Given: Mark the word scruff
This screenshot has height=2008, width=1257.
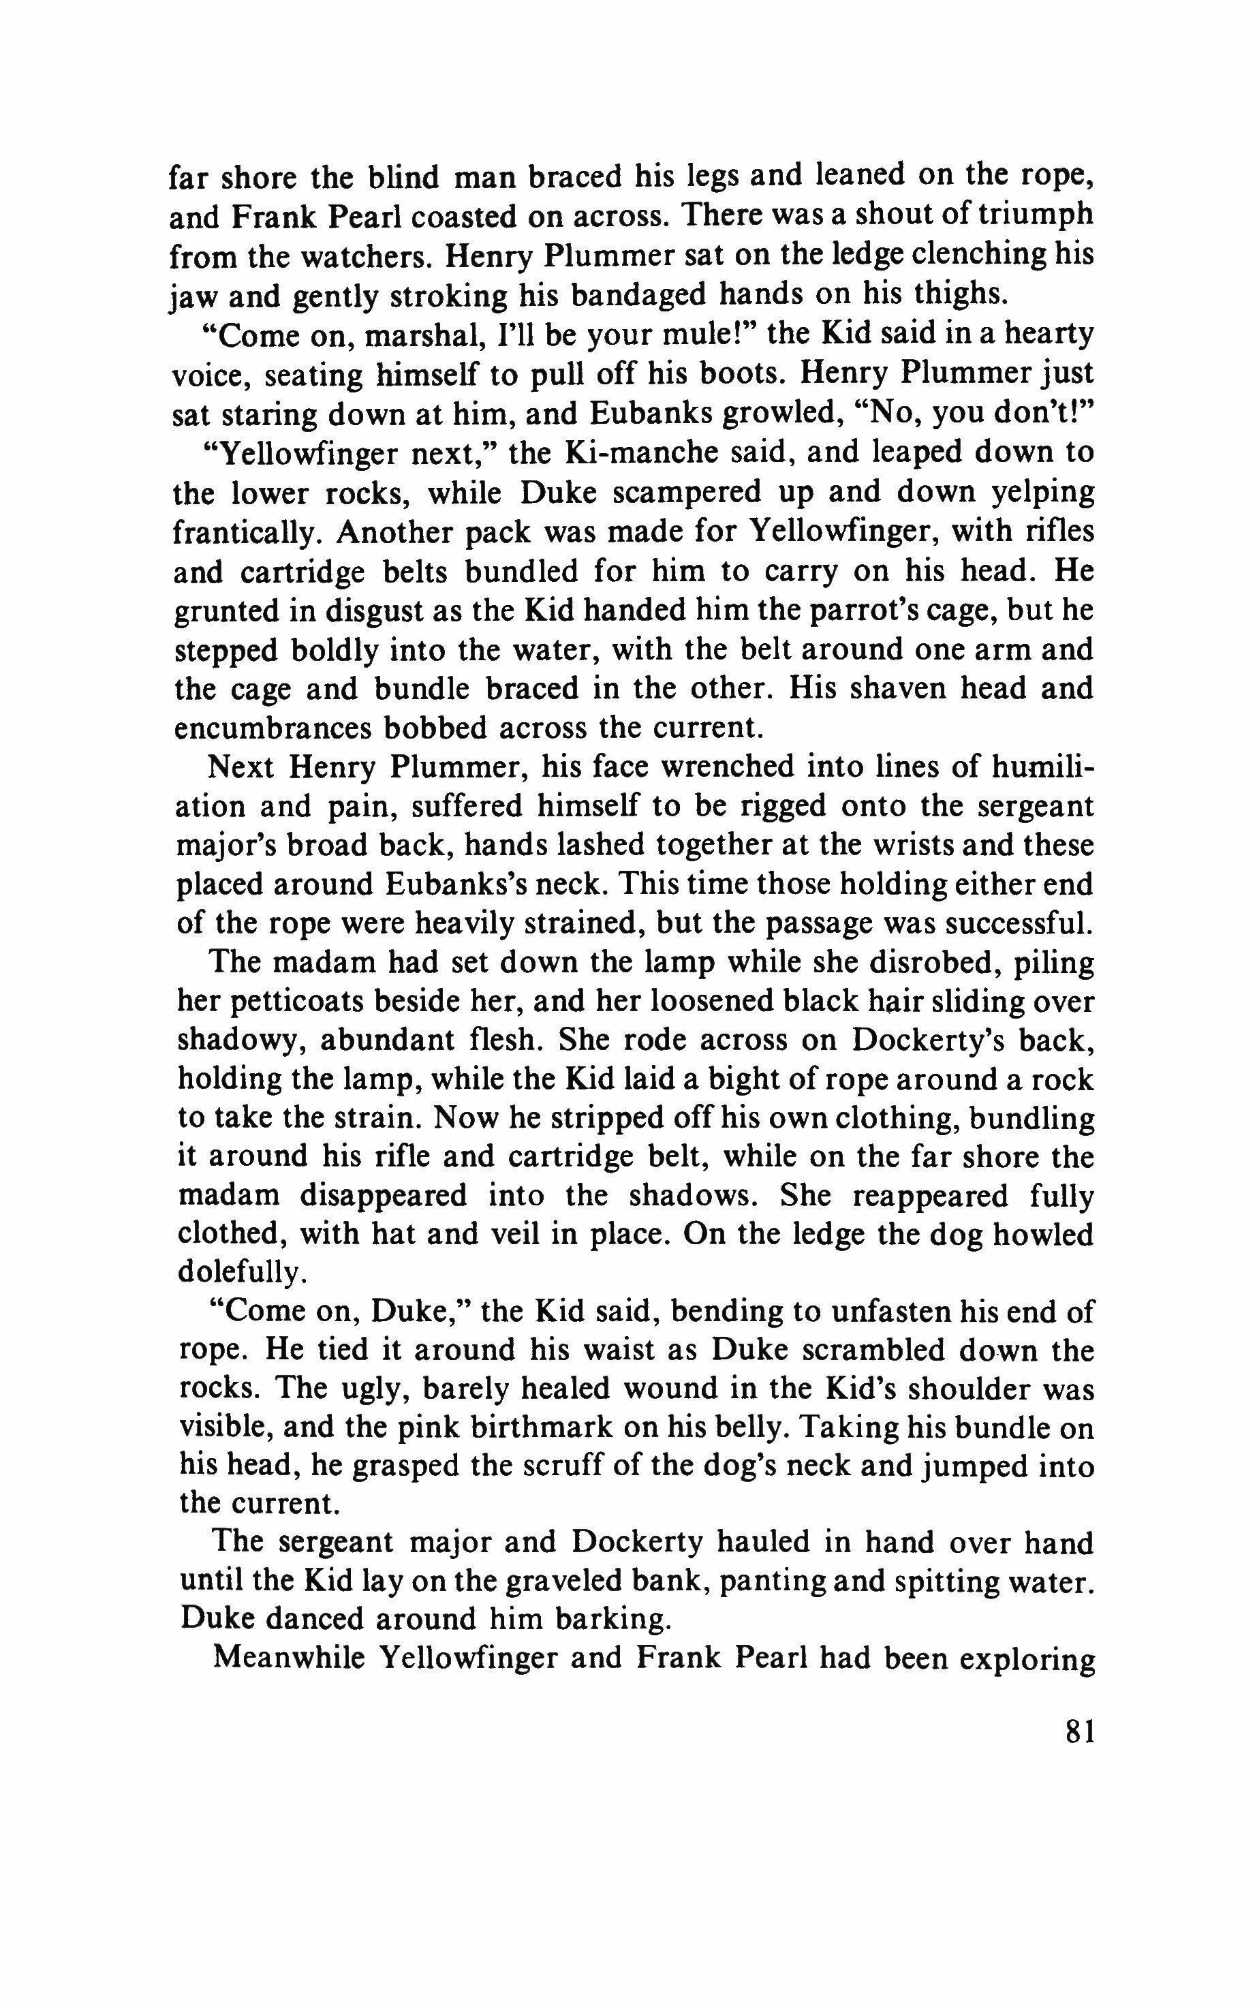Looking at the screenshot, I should pos(559,1468).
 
